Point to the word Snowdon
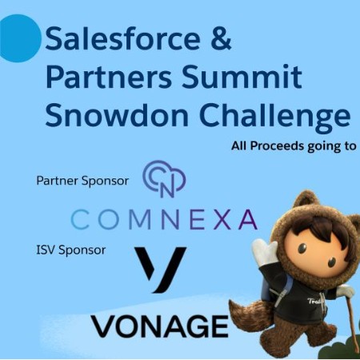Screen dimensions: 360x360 point(117,114)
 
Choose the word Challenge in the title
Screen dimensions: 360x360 point(274,117)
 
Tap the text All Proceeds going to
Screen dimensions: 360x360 point(294,146)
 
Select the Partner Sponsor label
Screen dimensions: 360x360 point(82,181)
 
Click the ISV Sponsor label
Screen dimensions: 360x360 point(71,250)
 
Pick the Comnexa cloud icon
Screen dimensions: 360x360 point(164,179)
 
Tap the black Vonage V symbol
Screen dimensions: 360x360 point(160,270)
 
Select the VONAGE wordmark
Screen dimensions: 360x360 point(160,326)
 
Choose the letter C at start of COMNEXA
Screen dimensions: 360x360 point(80,219)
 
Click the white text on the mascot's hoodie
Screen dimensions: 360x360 point(314,302)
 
